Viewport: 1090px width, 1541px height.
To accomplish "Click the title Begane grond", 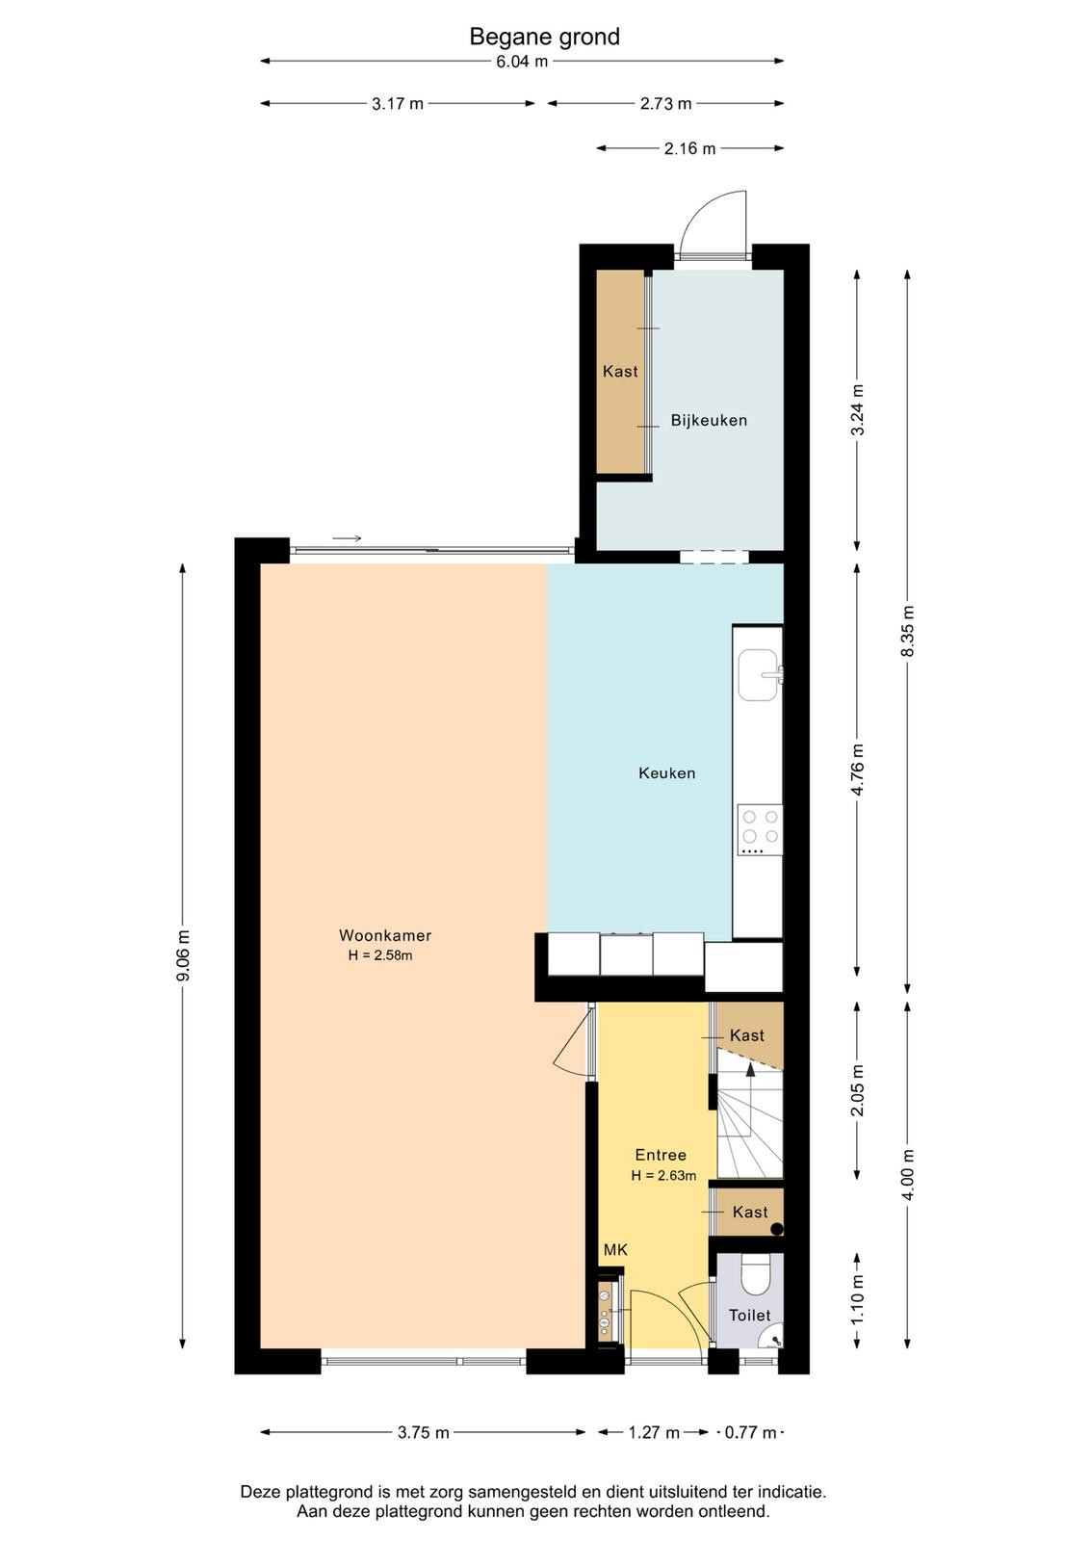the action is coord(544,37).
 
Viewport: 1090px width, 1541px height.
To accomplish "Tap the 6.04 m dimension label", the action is coord(522,62).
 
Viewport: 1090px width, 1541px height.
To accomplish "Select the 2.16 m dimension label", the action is coord(689,148).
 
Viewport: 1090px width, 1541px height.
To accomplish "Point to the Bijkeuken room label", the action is coord(709,420).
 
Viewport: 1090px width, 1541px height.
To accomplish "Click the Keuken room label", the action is coord(666,772).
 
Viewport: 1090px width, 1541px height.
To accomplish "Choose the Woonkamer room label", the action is coord(385,935).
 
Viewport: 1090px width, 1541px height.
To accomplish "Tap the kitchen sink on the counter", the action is coord(760,675).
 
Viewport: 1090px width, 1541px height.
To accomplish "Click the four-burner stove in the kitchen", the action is coord(760,829).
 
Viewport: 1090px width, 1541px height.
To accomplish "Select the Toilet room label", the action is coord(749,1315).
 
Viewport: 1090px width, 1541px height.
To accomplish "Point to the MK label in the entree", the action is coord(615,1250).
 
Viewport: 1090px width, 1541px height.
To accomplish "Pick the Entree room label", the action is coord(661,1155).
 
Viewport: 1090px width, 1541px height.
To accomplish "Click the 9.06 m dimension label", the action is coord(184,956).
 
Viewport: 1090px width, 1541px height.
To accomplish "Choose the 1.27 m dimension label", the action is coord(653,1432).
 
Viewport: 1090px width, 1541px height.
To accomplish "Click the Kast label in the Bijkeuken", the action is coord(620,371).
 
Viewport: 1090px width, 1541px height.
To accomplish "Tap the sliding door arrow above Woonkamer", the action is coord(347,538).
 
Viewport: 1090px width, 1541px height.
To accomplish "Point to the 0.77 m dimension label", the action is coord(750,1432).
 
